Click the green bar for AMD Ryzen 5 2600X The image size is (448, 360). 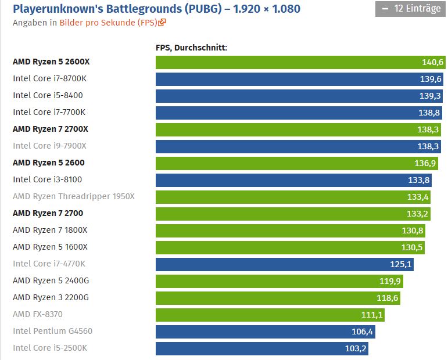(291, 62)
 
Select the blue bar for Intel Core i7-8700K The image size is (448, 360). (291, 79)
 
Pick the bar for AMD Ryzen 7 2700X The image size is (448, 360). (291, 129)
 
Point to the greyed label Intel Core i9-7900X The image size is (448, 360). (49, 146)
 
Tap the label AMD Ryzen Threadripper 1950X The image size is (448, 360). (73, 196)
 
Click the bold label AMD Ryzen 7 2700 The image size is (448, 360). (49, 213)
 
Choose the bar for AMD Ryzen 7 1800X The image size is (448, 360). (285, 231)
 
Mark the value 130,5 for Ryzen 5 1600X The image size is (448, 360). (413, 247)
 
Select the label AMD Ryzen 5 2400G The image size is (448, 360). (51, 280)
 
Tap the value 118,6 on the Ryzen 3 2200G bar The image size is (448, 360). (388, 298)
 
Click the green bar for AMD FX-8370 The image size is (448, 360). (267, 315)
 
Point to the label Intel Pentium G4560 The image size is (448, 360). (52, 331)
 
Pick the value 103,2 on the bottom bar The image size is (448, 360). (356, 348)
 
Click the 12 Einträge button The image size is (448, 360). (410, 9)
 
